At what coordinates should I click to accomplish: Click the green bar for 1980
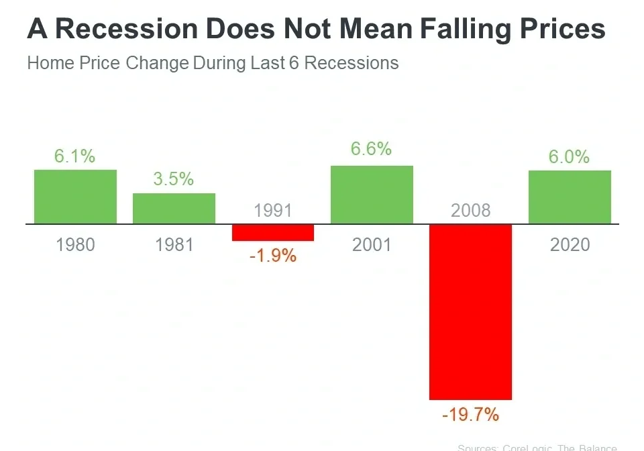point(75,197)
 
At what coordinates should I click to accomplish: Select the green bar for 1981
point(174,208)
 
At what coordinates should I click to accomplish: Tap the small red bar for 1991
point(273,232)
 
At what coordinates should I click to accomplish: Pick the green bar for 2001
point(372,195)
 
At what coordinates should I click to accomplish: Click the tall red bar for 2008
point(470,312)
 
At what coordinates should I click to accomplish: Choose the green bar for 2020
point(570,197)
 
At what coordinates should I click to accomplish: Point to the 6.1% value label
point(75,156)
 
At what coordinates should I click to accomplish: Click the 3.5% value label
point(174,179)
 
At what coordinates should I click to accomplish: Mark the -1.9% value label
point(273,256)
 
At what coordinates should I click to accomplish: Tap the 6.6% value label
point(372,148)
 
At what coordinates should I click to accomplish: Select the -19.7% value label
point(470,415)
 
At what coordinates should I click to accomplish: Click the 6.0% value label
point(570,156)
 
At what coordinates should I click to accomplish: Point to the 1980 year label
point(75,244)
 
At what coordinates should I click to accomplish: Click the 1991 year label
point(273,211)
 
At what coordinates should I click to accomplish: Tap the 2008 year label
point(470,211)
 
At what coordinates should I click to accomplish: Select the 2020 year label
point(570,244)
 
